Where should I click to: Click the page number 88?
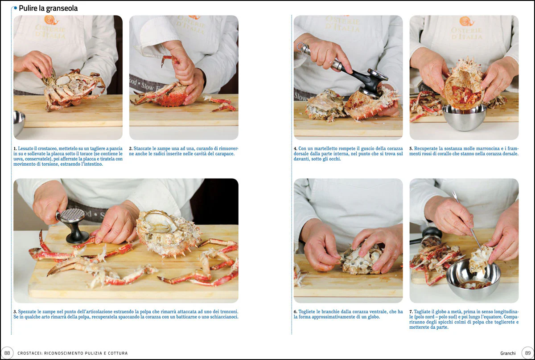(x=7, y=353)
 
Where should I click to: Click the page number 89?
(x=528, y=353)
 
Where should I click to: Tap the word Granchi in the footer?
(x=508, y=353)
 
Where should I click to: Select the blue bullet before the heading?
(x=16, y=8)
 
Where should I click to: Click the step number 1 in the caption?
(x=15, y=148)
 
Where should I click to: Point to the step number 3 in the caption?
(x=15, y=312)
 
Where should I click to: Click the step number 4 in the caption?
(x=296, y=148)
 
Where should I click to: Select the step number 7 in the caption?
(x=411, y=312)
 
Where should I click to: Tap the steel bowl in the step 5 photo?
(x=464, y=117)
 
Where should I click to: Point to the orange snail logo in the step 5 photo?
(x=466, y=21)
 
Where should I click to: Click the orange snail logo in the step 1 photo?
(x=51, y=20)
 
